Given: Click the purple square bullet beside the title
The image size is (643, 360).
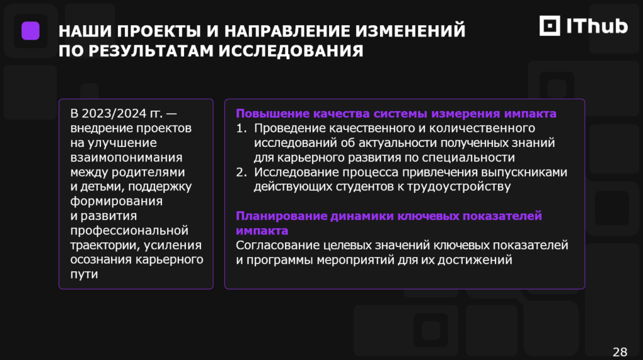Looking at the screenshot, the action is pyautogui.click(x=30, y=31).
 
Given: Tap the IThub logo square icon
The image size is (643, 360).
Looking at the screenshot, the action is pyautogui.click(x=549, y=26).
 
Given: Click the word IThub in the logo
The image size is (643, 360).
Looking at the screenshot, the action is pyautogui.click(x=597, y=26).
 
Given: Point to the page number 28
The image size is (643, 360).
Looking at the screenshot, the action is pyautogui.click(x=620, y=352).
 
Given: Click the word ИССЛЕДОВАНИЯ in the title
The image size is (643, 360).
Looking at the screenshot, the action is pyautogui.click(x=291, y=51).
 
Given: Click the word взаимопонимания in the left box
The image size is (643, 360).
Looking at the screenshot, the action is pyautogui.click(x=126, y=157).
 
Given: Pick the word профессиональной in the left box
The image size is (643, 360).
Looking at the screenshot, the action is pyautogui.click(x=129, y=231).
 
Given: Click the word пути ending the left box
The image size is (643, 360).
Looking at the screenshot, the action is pyautogui.click(x=84, y=274).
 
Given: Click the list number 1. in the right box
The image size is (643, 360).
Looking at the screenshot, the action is pyautogui.click(x=242, y=128).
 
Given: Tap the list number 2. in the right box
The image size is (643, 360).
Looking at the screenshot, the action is pyautogui.click(x=242, y=172).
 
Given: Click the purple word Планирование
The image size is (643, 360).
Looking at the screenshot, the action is pyautogui.click(x=281, y=216).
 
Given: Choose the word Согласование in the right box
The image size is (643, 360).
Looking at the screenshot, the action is pyautogui.click(x=278, y=245).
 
